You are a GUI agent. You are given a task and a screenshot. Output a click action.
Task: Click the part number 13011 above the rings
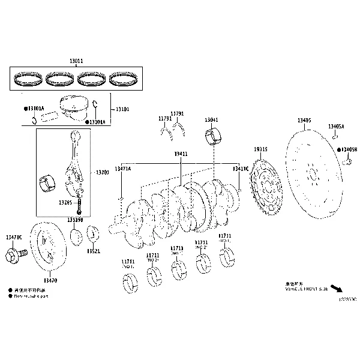point(76,61)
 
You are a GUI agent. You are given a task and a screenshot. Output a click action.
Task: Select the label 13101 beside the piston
point(122,110)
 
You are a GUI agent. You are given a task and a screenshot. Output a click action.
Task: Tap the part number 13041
point(211,120)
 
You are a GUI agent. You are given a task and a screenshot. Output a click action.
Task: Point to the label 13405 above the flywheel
point(304,121)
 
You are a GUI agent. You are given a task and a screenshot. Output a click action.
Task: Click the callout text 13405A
point(335,127)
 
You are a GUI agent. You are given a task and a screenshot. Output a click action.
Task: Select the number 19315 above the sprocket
point(260,149)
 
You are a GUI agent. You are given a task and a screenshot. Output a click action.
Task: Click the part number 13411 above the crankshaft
point(181,154)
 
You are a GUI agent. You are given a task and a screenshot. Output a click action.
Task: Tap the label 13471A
point(122,169)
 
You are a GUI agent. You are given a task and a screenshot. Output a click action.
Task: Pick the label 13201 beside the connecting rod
point(102,172)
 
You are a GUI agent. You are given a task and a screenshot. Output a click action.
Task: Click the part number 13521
point(93,251)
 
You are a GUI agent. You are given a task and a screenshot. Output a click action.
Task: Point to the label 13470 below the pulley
point(50,280)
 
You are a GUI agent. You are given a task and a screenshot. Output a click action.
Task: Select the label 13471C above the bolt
point(13,238)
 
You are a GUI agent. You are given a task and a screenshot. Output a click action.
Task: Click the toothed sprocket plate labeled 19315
point(266,185)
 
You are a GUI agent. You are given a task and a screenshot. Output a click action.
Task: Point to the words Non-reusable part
point(33,295)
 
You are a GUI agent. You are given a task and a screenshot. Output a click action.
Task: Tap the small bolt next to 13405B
point(347,161)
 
